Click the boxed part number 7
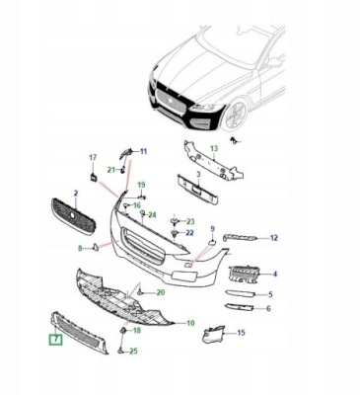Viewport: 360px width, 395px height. click(x=56, y=339)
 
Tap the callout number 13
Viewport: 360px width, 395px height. click(x=214, y=149)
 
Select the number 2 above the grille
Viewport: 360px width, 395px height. click(x=76, y=194)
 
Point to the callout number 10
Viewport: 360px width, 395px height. click(x=190, y=323)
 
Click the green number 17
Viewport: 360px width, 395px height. click(x=93, y=157)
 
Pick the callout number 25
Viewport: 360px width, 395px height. click(x=133, y=352)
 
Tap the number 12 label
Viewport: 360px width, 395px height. click(x=274, y=238)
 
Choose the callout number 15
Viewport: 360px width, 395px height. click(x=241, y=333)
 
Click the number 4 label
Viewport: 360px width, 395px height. click(x=275, y=274)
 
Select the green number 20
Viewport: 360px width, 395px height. click(x=161, y=292)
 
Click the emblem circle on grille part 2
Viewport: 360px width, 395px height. click(x=72, y=214)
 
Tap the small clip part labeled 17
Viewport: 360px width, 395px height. click(x=93, y=177)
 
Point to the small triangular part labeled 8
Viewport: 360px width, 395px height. click(x=95, y=247)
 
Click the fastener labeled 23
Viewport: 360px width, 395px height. click(x=175, y=220)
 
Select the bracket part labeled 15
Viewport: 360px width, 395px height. click(x=213, y=335)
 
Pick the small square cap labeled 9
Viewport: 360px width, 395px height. click(x=212, y=243)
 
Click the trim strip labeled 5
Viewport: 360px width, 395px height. click(x=240, y=293)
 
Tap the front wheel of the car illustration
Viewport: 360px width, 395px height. click(x=235, y=115)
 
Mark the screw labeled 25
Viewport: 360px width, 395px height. click(x=120, y=349)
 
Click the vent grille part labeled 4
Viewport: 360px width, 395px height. click(x=243, y=275)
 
